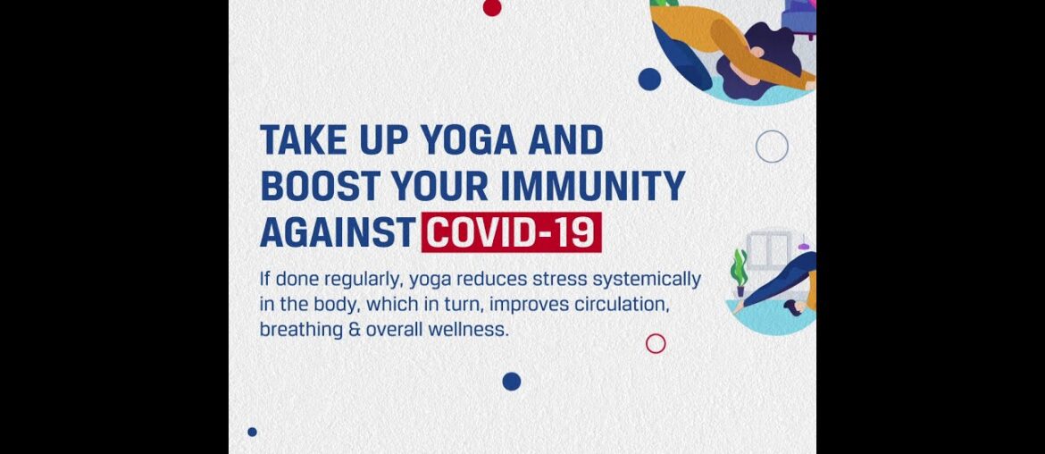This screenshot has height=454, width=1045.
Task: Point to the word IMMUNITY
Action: tap(592, 186)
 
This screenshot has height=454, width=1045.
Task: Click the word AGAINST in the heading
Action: tap(338, 232)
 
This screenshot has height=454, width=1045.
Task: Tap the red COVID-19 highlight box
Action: tap(511, 232)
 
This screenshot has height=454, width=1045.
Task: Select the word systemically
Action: tap(647, 280)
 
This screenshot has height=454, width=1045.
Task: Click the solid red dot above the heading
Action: tap(492, 7)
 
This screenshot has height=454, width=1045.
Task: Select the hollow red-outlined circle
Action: tap(656, 334)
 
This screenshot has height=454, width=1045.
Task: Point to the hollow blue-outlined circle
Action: tap(772, 130)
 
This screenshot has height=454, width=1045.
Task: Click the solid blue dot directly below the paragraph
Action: tap(511, 382)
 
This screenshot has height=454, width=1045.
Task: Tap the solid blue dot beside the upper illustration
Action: tap(649, 80)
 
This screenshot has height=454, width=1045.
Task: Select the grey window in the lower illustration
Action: tap(770, 249)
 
